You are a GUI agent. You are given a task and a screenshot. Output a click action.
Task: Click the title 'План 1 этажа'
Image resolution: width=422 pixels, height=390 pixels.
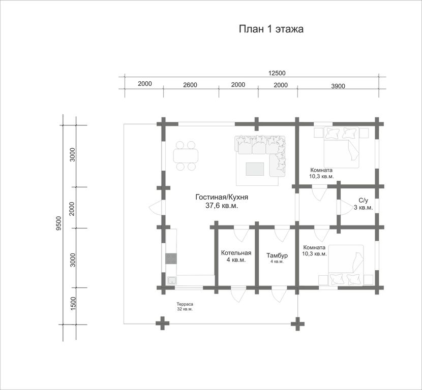point(271,29)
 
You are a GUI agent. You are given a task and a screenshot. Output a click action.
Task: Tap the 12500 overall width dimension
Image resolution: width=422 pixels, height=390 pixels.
point(277,73)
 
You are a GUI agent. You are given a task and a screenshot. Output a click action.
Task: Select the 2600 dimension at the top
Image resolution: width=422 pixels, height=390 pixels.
point(190,85)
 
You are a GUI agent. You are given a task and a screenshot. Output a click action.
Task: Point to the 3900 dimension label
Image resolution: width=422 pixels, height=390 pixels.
point(338,86)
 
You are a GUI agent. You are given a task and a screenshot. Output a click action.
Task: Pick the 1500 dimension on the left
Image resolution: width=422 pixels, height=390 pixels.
point(73,304)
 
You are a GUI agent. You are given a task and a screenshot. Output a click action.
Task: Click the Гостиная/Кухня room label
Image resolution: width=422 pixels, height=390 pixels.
point(222,197)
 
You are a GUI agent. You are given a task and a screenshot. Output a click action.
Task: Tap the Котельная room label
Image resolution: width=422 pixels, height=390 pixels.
point(236,253)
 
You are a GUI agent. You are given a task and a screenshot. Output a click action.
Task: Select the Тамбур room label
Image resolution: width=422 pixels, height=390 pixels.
point(277,255)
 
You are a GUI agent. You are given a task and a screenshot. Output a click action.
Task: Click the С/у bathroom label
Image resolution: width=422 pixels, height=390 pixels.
point(363,201)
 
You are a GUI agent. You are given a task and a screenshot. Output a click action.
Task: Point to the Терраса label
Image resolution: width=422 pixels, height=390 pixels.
point(185,304)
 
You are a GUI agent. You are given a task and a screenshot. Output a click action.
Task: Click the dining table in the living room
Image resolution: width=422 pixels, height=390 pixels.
point(186,156)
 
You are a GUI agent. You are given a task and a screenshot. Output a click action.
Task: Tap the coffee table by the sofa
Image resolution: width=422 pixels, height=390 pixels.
point(255,169)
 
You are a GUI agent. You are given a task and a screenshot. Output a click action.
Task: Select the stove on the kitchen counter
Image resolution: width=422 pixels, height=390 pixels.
point(171,258)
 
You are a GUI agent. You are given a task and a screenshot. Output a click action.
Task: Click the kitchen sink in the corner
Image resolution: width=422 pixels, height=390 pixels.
point(172,280)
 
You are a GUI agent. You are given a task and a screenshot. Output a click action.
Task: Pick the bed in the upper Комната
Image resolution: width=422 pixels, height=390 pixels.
point(342,148)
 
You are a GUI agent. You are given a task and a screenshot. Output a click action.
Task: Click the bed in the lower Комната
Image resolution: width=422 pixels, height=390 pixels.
point(346,265)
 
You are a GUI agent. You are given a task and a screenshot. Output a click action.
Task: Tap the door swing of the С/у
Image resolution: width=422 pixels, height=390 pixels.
point(346,208)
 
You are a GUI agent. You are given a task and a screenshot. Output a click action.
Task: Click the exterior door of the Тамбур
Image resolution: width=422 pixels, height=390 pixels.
point(279,295)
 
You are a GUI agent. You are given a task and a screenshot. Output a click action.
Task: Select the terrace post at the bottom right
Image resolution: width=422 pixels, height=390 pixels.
point(297,323)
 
